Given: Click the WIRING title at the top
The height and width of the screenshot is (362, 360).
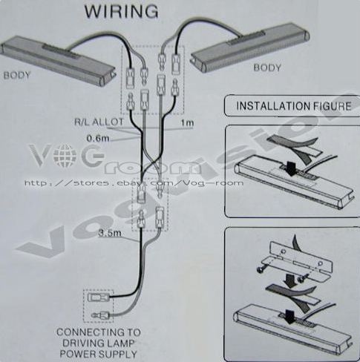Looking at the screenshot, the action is (121, 11).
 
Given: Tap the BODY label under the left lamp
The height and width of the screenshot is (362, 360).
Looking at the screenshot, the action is (17, 75).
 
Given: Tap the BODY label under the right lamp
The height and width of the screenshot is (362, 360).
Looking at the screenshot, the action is (267, 68).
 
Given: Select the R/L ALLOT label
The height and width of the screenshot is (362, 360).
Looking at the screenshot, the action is (99, 122).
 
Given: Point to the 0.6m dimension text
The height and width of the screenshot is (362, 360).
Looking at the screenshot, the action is (98, 138).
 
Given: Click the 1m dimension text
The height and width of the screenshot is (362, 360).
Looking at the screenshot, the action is (187, 123).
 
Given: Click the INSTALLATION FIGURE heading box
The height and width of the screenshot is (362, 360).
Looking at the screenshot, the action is (292, 106).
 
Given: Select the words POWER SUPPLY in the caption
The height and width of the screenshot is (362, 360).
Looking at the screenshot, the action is (99, 354).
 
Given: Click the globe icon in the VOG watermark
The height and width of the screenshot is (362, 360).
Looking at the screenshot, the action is (65, 156).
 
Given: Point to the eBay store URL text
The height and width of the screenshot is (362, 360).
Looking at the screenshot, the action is (134, 183).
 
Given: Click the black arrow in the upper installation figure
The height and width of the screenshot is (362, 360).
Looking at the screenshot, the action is (292, 168).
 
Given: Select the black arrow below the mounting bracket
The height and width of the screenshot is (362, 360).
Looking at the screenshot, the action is (289, 280).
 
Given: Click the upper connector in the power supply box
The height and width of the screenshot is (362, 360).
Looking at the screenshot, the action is (98, 297).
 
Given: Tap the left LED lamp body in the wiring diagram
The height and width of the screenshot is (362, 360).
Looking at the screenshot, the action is (59, 61).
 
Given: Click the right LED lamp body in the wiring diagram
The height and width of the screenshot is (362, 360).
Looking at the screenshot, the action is (250, 49).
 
